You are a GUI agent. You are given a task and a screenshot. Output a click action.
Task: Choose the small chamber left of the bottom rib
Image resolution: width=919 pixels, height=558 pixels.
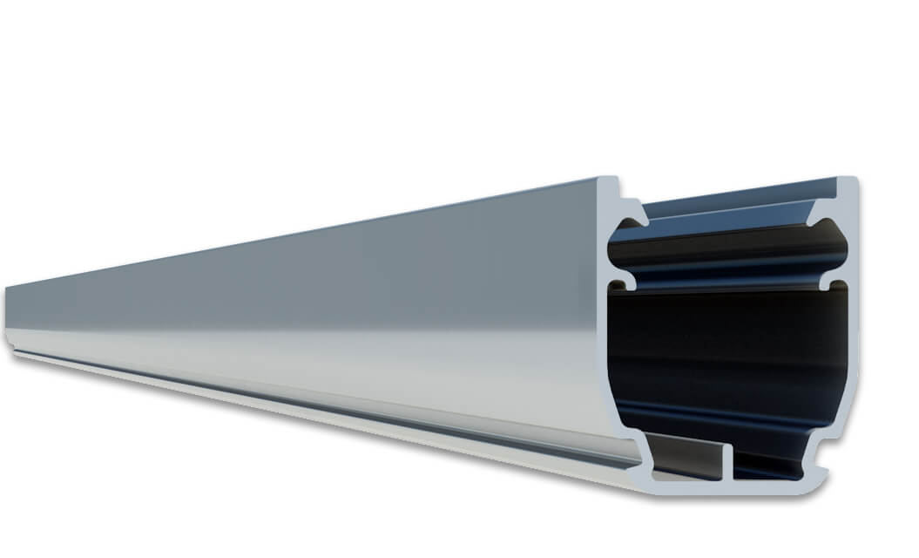tap(688, 457)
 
